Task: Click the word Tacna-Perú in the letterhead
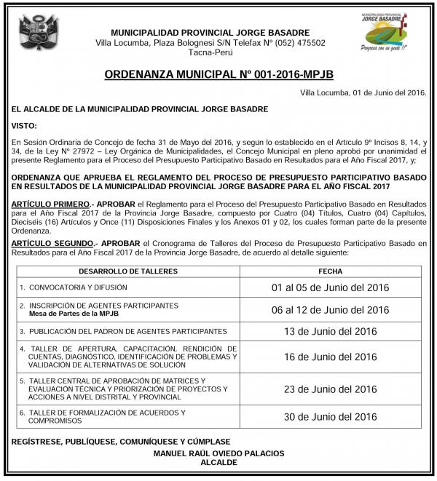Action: point(210,53)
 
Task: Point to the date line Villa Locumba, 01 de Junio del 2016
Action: point(363,93)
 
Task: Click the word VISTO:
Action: point(23,124)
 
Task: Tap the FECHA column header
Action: point(329,270)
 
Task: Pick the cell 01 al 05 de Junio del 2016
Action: point(330,287)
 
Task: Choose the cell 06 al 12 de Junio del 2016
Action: point(330,309)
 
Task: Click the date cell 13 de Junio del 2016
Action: point(330,331)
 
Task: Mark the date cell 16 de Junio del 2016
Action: point(330,357)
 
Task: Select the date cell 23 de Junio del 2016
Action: point(330,389)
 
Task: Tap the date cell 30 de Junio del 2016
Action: point(330,416)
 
